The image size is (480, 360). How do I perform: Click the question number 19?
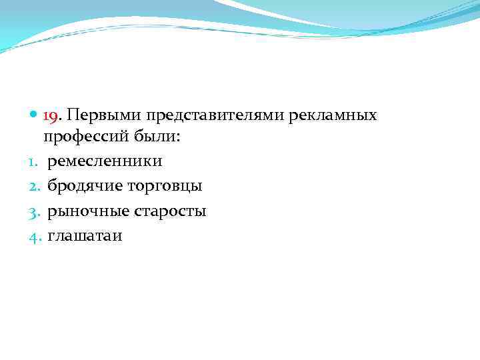pyautogui.click(x=51, y=116)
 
